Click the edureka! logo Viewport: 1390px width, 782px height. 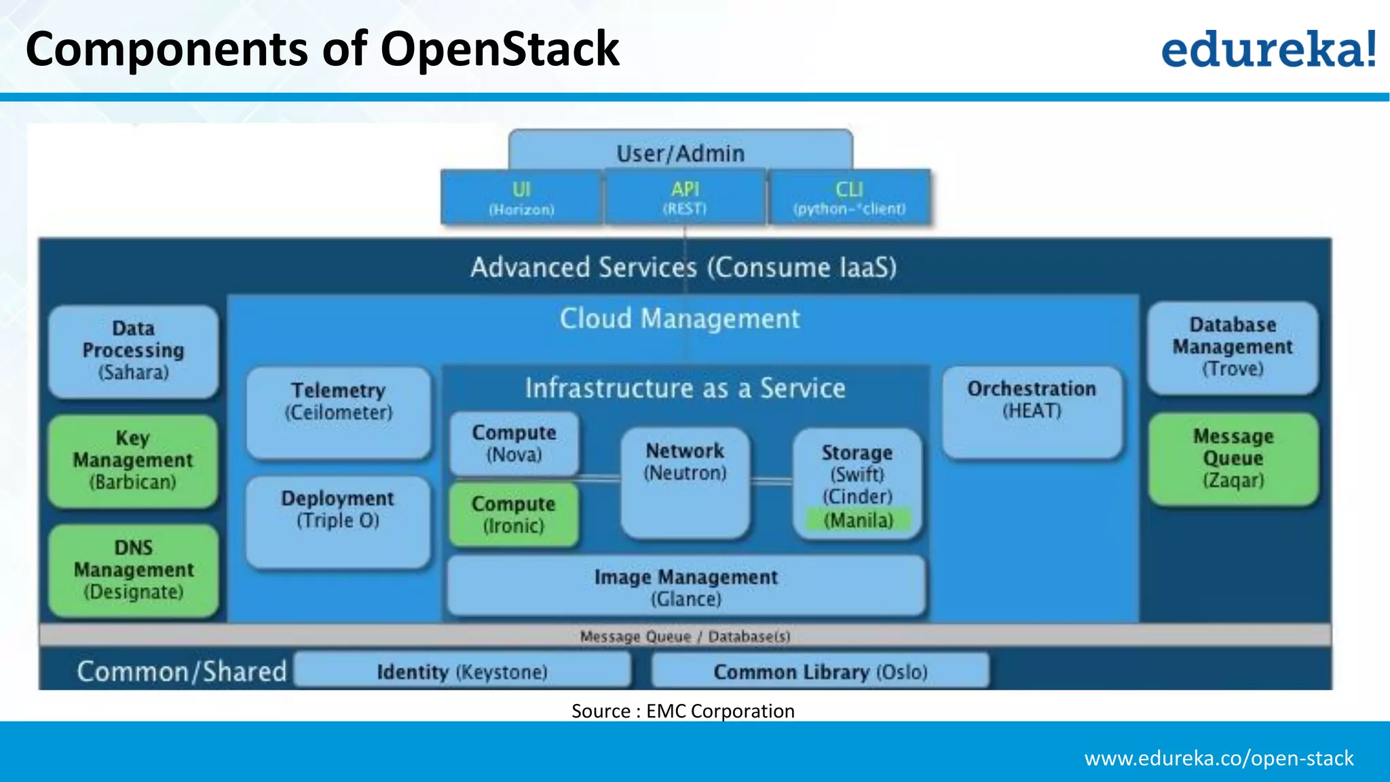(1268, 49)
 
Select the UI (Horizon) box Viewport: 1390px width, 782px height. (521, 198)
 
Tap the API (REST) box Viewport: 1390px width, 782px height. (685, 198)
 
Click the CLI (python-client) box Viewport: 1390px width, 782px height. (849, 198)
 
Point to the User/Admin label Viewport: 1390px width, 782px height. (680, 153)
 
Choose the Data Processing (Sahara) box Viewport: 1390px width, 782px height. (134, 351)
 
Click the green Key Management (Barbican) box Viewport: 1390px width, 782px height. (133, 460)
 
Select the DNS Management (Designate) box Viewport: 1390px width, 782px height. (134, 570)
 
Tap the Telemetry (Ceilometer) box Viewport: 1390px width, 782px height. (339, 411)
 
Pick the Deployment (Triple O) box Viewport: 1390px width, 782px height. (338, 521)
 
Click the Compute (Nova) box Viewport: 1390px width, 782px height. (514, 443)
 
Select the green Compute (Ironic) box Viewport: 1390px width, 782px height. (514, 515)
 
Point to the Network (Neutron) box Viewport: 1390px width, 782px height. (685, 481)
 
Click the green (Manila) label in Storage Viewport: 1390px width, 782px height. (858, 521)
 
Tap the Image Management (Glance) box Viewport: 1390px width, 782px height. (685, 586)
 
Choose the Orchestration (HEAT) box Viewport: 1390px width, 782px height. (1032, 411)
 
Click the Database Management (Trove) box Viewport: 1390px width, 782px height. (1233, 347)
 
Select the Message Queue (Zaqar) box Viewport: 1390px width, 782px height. (1233, 458)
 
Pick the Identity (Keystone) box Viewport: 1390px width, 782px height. (462, 671)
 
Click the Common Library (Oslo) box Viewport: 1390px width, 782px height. (820, 671)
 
